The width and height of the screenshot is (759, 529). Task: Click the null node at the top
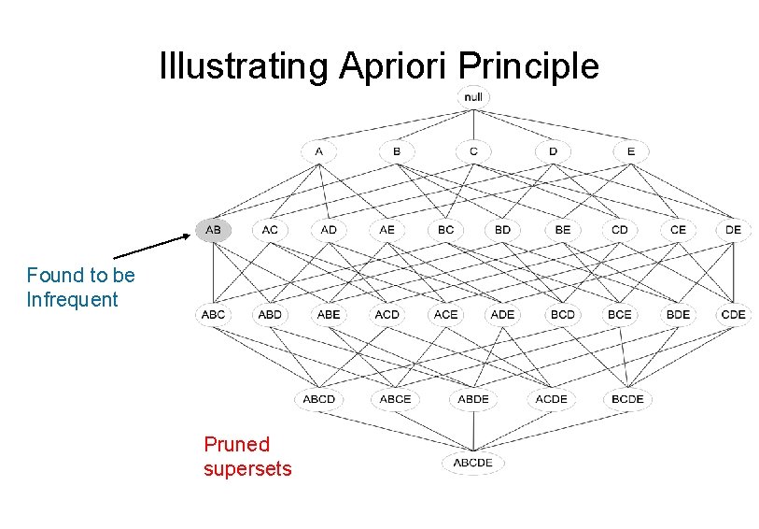[x=474, y=96]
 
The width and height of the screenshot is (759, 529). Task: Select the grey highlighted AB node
[x=213, y=229]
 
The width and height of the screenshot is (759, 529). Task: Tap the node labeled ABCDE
[x=473, y=463]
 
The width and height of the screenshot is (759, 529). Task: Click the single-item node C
[x=474, y=150]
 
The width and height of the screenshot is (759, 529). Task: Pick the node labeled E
[x=630, y=150]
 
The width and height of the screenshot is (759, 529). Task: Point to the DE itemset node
[x=734, y=229]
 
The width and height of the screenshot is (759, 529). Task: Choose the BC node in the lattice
[x=444, y=229]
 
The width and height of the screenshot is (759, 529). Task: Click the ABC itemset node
[x=213, y=315]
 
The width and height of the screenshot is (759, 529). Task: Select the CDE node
[x=734, y=315]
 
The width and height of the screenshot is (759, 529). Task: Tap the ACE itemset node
[x=445, y=315]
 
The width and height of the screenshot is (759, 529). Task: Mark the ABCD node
[x=319, y=399]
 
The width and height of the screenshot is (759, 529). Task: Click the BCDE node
[x=627, y=399]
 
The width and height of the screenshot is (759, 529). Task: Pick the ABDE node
[x=473, y=399]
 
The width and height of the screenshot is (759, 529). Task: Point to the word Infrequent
[x=73, y=300]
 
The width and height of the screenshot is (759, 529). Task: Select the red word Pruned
[x=236, y=445]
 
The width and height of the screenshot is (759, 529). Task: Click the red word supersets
[x=247, y=468]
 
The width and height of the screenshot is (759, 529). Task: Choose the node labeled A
[x=319, y=150]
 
